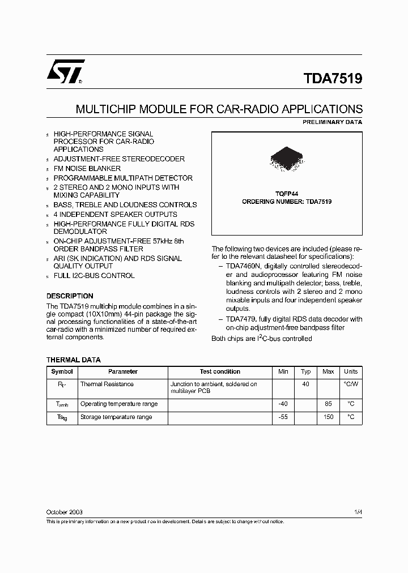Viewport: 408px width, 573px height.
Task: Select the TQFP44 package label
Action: (287, 193)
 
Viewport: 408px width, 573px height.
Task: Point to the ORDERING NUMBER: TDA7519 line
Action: (287, 202)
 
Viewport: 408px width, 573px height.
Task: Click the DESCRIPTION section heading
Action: (70, 296)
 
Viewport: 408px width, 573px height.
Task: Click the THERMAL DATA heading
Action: (73, 360)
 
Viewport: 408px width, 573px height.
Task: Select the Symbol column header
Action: (62, 372)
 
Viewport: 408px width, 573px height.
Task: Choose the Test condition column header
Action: (220, 372)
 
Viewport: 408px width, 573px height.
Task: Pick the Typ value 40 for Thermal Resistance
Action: (306, 384)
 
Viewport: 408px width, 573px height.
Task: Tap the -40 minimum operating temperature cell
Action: (283, 404)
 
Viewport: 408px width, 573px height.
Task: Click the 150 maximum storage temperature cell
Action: (328, 417)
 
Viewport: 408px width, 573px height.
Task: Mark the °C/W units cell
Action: (351, 384)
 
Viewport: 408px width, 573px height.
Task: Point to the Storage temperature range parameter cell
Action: (116, 417)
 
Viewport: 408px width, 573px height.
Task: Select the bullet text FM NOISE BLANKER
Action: (87, 169)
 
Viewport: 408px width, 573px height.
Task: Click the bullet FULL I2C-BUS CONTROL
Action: (94, 276)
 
